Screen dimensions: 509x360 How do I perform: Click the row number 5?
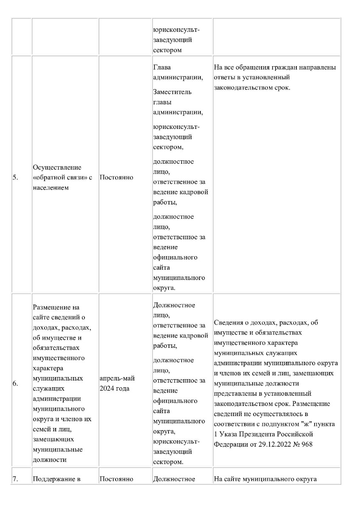pyautogui.click(x=15, y=177)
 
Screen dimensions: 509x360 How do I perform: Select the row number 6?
pyautogui.click(x=15, y=383)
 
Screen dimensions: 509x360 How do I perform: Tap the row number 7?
pyautogui.click(x=15, y=479)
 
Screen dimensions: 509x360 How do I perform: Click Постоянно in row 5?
pyautogui.click(x=116, y=177)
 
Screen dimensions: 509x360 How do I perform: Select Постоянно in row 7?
pyautogui.click(x=116, y=479)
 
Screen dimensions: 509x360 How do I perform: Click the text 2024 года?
pyautogui.click(x=114, y=389)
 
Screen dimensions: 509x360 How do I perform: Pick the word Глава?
pyautogui.click(x=162, y=67)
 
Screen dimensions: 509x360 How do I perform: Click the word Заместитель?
pyautogui.click(x=172, y=92)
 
